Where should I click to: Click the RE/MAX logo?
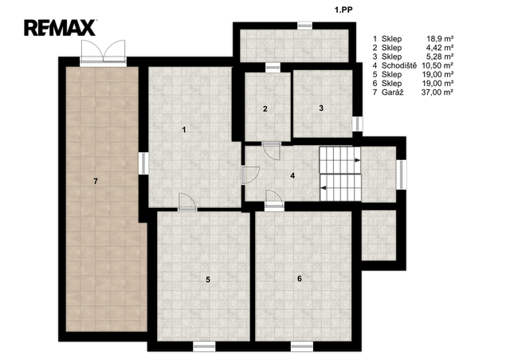[x=61, y=28]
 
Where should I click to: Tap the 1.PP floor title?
[x=343, y=10]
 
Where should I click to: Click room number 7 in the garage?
[x=96, y=182]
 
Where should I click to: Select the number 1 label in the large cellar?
[x=184, y=130]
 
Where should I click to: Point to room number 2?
[x=265, y=109]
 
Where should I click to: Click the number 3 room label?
[x=321, y=108]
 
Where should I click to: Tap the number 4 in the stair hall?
[x=292, y=175]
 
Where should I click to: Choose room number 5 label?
[x=208, y=280]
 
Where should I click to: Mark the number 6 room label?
[x=300, y=279]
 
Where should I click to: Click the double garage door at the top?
[x=103, y=52]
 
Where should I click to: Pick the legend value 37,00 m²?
[x=437, y=92]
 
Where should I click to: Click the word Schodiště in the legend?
[x=399, y=65]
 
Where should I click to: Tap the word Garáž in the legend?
[x=393, y=92]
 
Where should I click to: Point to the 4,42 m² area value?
[x=440, y=48]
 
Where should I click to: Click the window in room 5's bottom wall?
[x=204, y=346]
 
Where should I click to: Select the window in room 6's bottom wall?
[x=302, y=346]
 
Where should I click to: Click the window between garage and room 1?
[x=143, y=163]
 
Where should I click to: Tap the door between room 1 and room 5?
[x=188, y=202]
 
